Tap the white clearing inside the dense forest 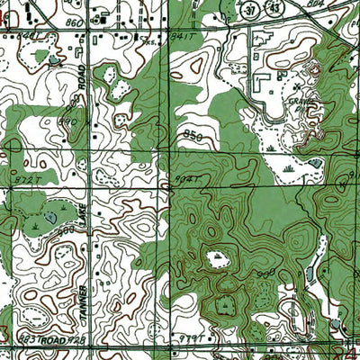click(x=217, y=261)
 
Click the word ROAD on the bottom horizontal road click(x=61, y=342)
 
